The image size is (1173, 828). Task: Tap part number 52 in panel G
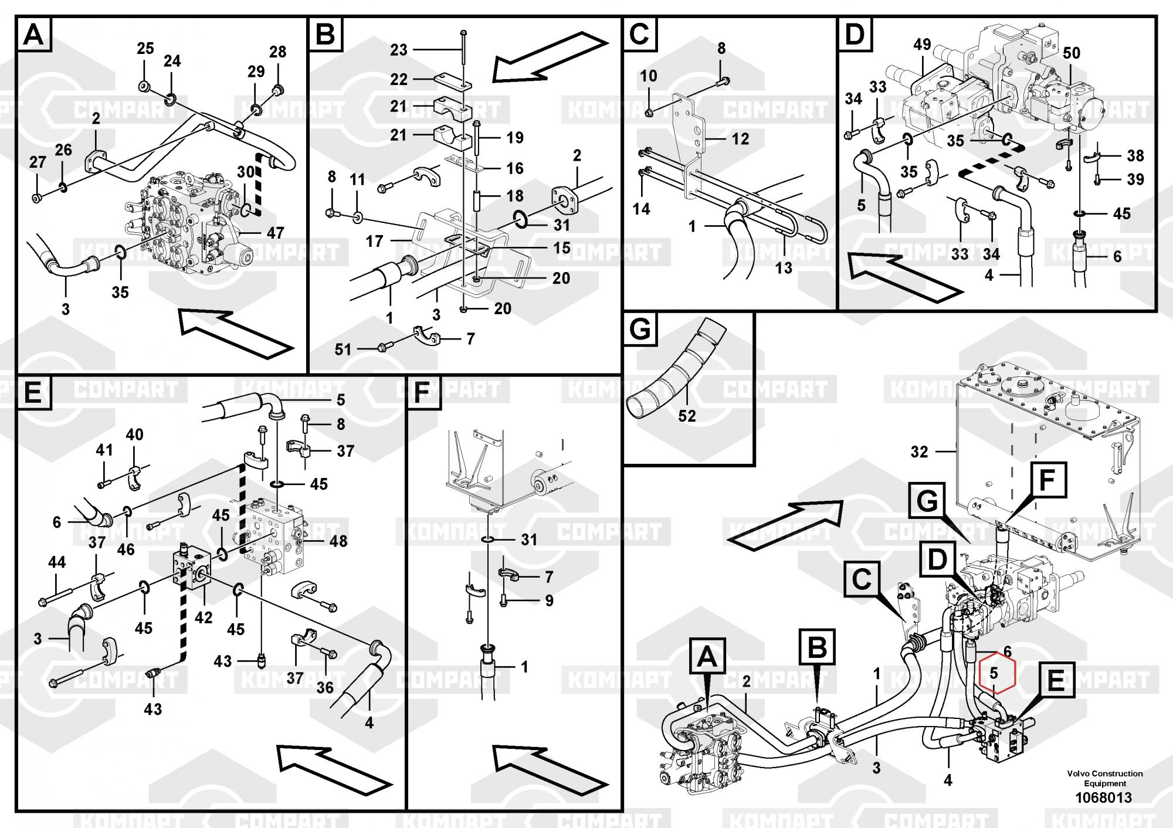coord(687,416)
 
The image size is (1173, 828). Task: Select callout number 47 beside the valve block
coord(275,233)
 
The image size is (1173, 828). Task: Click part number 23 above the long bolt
coord(399,50)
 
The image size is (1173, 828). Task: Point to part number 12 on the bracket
coord(740,139)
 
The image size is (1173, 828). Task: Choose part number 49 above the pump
coord(922,45)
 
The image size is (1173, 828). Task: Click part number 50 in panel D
coord(1072,53)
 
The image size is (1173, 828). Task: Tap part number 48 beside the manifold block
coord(338,541)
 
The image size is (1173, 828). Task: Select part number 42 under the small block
coord(204,617)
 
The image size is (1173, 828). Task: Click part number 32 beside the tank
coord(919,452)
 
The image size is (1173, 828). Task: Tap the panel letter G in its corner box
coord(640,329)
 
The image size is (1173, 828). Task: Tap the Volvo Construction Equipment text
coord(1105,778)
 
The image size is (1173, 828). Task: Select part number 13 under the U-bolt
coord(784,268)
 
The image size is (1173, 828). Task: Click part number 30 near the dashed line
coord(245,171)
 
